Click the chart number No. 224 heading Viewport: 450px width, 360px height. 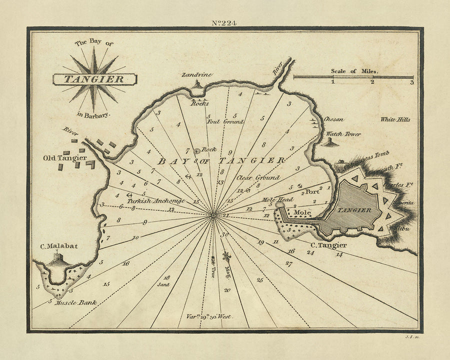[x=224, y=21]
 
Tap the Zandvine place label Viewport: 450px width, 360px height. [x=197, y=74]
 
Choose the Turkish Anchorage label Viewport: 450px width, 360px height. [x=155, y=200]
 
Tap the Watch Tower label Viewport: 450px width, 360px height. [x=343, y=134]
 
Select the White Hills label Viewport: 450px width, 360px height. [x=395, y=119]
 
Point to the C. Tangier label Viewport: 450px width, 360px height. [x=328, y=245]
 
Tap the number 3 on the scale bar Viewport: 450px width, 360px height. [x=411, y=82]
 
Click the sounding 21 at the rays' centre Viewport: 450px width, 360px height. [x=225, y=215]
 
